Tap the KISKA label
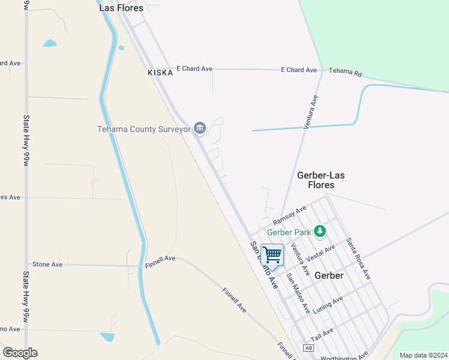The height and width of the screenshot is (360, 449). pos(160,72)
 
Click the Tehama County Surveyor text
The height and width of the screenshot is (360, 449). pos(144,129)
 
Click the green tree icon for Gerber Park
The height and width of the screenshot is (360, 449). pos(321,231)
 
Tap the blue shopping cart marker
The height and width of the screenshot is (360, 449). pos(273,255)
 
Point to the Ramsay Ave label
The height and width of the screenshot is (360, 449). pos(289,214)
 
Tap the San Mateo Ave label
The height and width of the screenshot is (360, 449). pos(298,293)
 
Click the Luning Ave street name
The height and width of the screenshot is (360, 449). pos(328,304)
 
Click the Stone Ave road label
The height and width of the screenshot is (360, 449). pos(47,264)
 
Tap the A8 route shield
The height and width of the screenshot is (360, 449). pos(309,348)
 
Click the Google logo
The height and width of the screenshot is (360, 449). pos(20,352)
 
